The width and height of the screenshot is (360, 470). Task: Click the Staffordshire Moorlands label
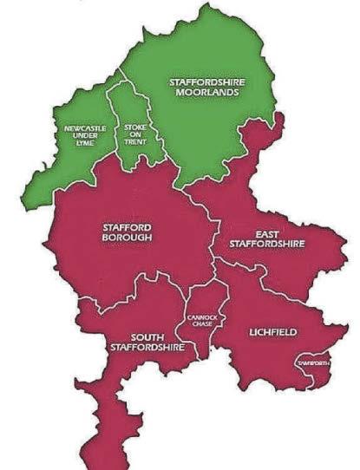point(207,87)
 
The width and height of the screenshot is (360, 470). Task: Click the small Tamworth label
point(314,362)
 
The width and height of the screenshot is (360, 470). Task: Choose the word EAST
point(267,234)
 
